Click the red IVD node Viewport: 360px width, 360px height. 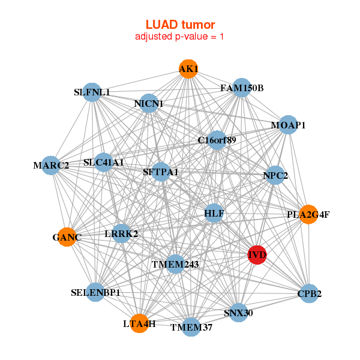[257, 254]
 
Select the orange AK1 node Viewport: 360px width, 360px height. [188, 69]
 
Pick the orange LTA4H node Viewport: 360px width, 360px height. [139, 323]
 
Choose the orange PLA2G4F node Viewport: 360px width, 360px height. [308, 214]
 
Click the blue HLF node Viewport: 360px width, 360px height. [214, 213]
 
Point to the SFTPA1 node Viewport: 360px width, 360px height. [161, 172]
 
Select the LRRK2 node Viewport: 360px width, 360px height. [121, 233]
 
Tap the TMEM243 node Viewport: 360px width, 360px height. [175, 263]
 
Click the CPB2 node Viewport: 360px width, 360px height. [308, 293]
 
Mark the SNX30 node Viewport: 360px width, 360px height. [239, 313]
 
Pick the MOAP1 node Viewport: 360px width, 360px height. [289, 125]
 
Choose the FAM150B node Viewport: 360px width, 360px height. [241, 88]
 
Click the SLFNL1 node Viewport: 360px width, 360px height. [92, 92]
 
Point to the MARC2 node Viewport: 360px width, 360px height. [51, 165]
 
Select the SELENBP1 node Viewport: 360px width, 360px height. [95, 293]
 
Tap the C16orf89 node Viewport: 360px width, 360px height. [217, 140]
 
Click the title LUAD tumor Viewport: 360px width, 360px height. [180, 24]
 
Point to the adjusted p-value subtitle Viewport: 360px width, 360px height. [180, 37]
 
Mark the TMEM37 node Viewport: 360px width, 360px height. [191, 326]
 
